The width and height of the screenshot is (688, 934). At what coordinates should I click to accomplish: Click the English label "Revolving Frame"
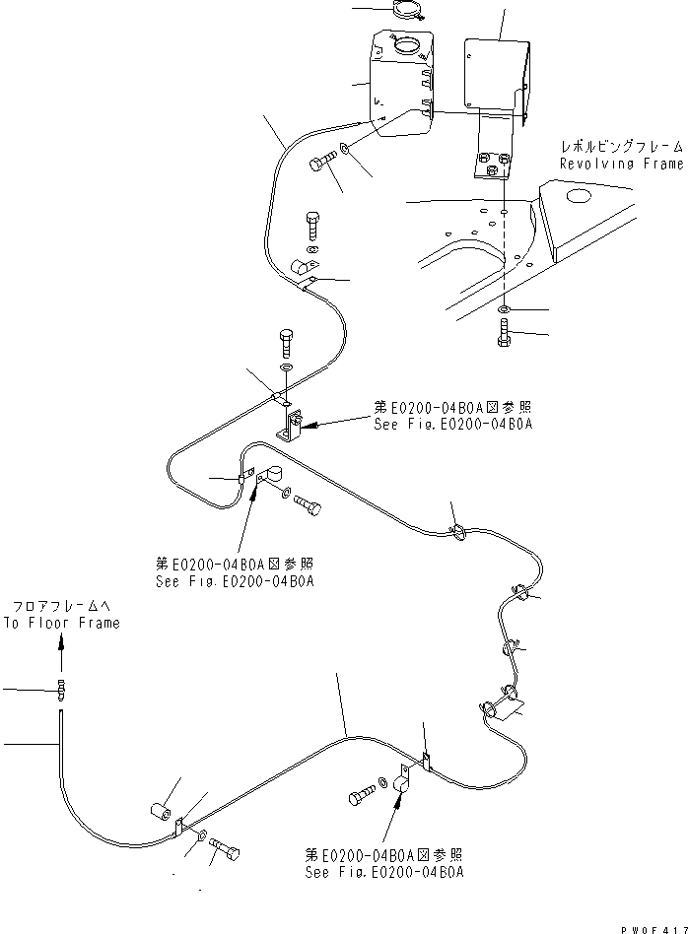620,164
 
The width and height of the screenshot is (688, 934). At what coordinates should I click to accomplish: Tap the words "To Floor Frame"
61,623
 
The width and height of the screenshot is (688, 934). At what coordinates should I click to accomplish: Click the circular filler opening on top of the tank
405,44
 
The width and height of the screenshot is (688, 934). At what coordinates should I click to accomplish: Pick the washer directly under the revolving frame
504,310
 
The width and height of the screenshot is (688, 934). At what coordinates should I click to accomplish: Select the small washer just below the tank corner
344,149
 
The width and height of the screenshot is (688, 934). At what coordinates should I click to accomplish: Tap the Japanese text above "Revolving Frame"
620,145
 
